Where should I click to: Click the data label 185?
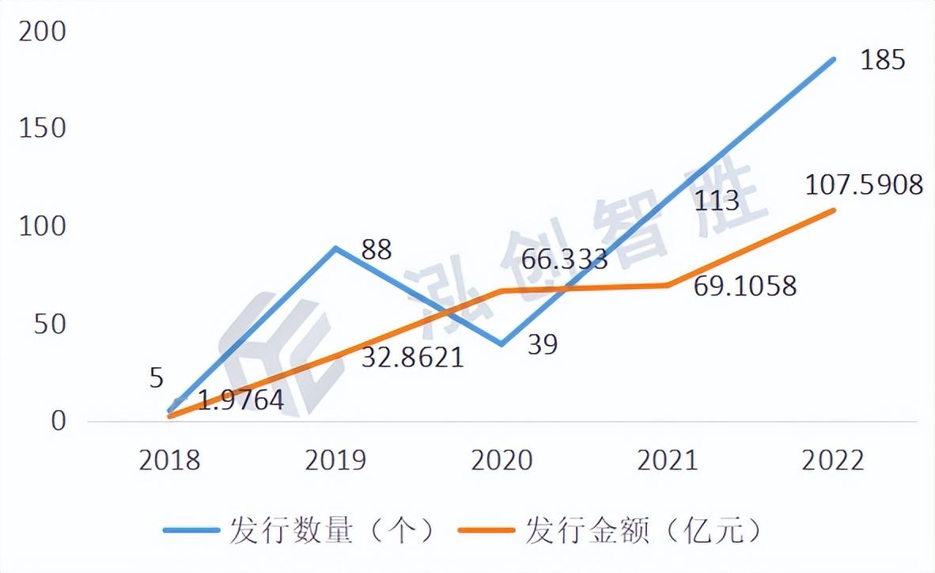pos(882,59)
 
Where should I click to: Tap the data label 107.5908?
pos(863,184)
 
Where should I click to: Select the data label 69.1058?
pos(744,286)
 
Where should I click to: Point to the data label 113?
pos(716,200)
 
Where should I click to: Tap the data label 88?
pos(377,249)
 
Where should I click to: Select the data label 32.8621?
pos(411,358)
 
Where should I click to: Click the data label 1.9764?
pos(240,400)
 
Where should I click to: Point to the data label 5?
pos(156,378)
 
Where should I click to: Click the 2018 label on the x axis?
pos(170,461)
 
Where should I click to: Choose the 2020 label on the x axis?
pos(502,461)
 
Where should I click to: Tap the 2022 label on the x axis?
pos(833,461)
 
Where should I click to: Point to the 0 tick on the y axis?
pos(57,421)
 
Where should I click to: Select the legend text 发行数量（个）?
pos(332,531)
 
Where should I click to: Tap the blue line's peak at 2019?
pos(336,248)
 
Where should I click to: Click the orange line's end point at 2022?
pos(833,211)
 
